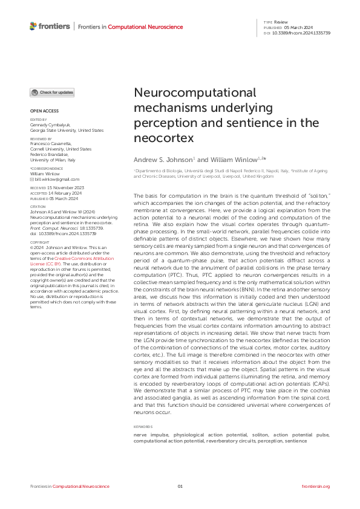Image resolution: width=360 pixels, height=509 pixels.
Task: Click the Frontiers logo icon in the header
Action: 33,26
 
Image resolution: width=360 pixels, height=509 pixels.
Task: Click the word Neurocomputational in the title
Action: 194,94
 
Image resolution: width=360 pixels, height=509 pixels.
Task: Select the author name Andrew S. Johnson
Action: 162,159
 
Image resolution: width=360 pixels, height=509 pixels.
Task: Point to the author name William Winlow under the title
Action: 234,159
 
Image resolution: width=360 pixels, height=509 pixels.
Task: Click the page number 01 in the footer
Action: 180,486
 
